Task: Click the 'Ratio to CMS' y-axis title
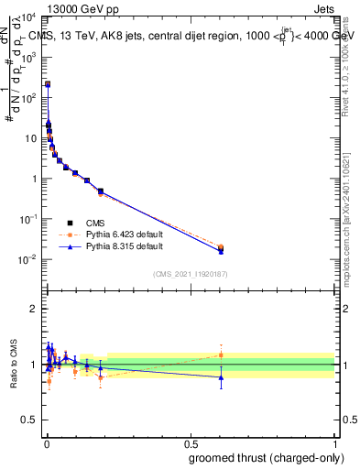point(14,365)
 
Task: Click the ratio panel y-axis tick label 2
point(35,309)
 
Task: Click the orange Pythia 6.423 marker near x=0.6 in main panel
point(221,246)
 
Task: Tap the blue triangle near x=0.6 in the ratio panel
point(221,376)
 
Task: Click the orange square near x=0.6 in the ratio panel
point(221,354)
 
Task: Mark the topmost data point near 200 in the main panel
point(48,84)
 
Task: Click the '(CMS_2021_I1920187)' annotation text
point(191,274)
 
